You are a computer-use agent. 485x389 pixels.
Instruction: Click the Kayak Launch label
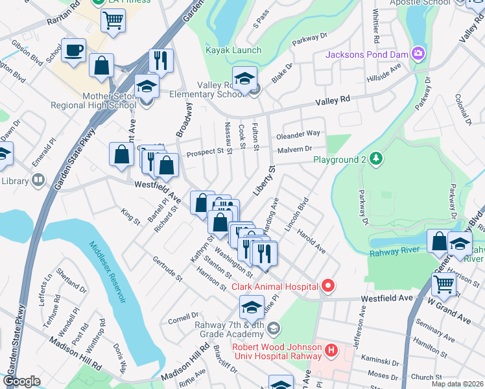pos(233,50)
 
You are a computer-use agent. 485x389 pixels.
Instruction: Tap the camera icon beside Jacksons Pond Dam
pos(419,53)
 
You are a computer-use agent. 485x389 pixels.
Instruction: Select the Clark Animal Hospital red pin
pos(328,285)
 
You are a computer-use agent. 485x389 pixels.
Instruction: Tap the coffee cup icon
pos(74,49)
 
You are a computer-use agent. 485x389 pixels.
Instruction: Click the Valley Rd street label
pos(333,100)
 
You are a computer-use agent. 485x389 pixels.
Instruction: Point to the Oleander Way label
pos(299,134)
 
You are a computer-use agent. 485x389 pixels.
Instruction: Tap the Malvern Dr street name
pos(295,150)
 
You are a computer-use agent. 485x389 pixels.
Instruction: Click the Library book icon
pos(39,180)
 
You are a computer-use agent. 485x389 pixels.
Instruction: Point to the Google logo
pos(22,381)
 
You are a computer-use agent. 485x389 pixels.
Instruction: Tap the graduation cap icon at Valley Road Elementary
pos(244,78)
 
